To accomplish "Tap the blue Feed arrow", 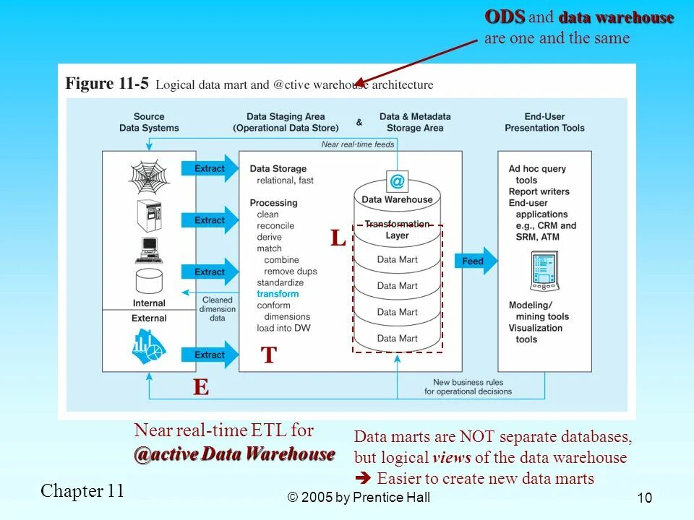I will tap(475, 261).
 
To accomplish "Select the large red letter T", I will tap(269, 355).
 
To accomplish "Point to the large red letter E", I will tap(200, 388).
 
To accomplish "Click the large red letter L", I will tap(338, 238).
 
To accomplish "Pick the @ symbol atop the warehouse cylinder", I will tap(397, 181).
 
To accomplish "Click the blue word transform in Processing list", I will tap(278, 294).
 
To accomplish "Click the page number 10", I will tap(646, 498).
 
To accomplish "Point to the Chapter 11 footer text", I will tap(82, 491).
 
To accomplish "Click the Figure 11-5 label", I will tap(107, 84).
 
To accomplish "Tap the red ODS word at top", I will tap(505, 17).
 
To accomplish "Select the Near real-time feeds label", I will tap(358, 144).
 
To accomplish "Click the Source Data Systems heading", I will tap(149, 122).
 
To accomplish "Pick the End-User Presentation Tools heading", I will tap(544, 122).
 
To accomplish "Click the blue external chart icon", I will tap(149, 347).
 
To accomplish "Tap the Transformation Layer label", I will tap(397, 230).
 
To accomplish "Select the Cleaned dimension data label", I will tap(217, 308).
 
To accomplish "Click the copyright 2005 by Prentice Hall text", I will tap(359, 497).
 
